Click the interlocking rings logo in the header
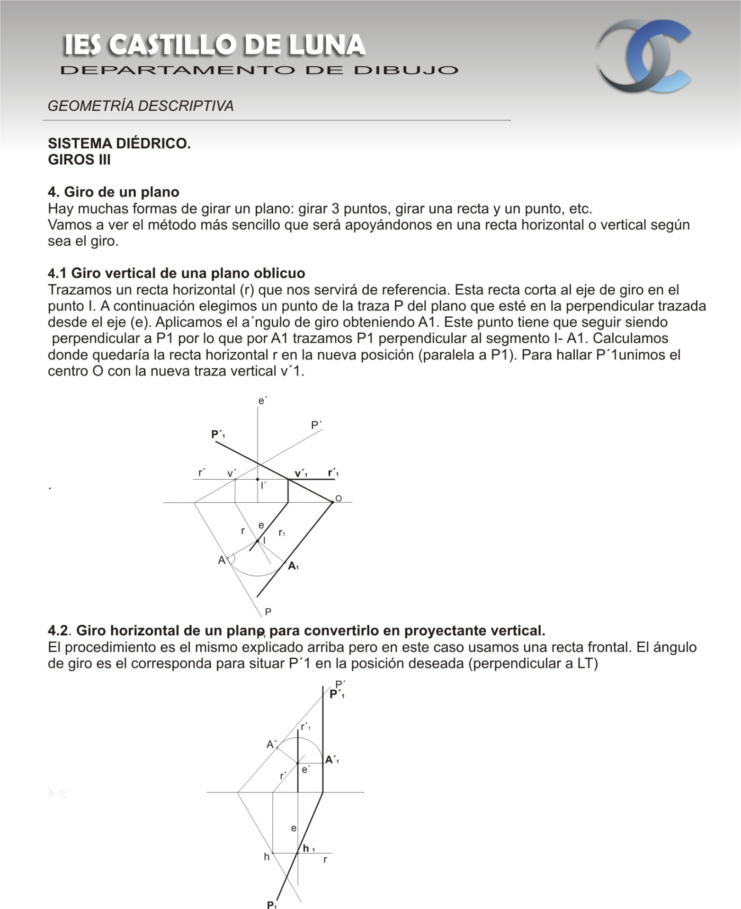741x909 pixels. (x=643, y=56)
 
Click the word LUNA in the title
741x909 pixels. (x=327, y=45)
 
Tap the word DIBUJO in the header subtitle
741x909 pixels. (x=406, y=71)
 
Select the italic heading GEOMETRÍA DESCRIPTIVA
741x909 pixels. (x=141, y=106)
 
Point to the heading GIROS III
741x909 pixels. (x=79, y=160)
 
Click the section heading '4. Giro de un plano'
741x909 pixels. (x=114, y=192)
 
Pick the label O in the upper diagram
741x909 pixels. (x=339, y=499)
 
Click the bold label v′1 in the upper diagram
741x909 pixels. (x=301, y=473)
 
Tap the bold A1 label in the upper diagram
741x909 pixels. (x=293, y=566)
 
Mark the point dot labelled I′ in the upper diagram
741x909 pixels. (x=258, y=480)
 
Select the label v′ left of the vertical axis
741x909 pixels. (x=231, y=473)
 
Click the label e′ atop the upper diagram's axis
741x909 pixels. (x=262, y=401)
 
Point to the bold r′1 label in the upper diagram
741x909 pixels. (x=333, y=473)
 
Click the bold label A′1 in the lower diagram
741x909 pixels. (x=332, y=760)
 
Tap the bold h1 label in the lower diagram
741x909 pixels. (x=309, y=848)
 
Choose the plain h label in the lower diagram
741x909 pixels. (x=267, y=856)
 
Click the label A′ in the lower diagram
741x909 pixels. (x=271, y=744)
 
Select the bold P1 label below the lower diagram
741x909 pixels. (x=272, y=904)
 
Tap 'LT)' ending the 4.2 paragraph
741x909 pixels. (x=587, y=663)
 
